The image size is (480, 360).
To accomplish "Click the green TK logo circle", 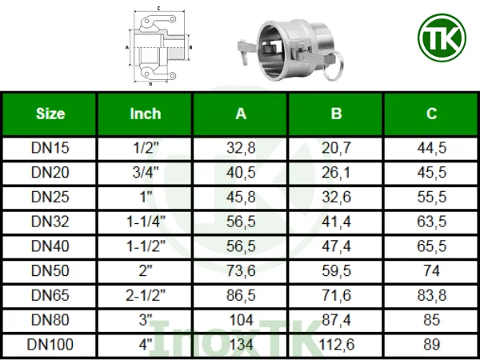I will pyautogui.click(x=440, y=39).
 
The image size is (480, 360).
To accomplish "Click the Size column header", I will pyautogui.click(x=50, y=114).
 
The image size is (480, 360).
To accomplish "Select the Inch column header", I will pyautogui.click(x=145, y=114).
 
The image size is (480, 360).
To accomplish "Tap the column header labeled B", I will pyautogui.click(x=336, y=114).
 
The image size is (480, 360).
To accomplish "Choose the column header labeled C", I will pyautogui.click(x=431, y=114).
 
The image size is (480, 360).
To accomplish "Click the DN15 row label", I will pyautogui.click(x=50, y=149).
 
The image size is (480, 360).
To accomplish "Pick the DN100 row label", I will pyautogui.click(x=50, y=345).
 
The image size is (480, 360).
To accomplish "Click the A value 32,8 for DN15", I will pyautogui.click(x=241, y=149).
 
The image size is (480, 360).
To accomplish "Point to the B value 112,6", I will pyautogui.click(x=336, y=345).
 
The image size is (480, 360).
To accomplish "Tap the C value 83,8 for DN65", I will pyautogui.click(x=431, y=295).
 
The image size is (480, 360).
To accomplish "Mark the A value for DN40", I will pyautogui.click(x=241, y=246).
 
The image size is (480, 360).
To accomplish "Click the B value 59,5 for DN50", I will pyautogui.click(x=336, y=271).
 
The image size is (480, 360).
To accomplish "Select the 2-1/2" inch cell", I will pyautogui.click(x=145, y=295).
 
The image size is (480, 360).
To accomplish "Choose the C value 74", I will pyautogui.click(x=431, y=271).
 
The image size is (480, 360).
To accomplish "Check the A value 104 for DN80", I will pyautogui.click(x=241, y=320).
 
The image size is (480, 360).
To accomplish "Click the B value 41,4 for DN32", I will pyautogui.click(x=336, y=222).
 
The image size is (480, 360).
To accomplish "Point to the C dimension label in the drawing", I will pyautogui.click(x=159, y=7).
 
